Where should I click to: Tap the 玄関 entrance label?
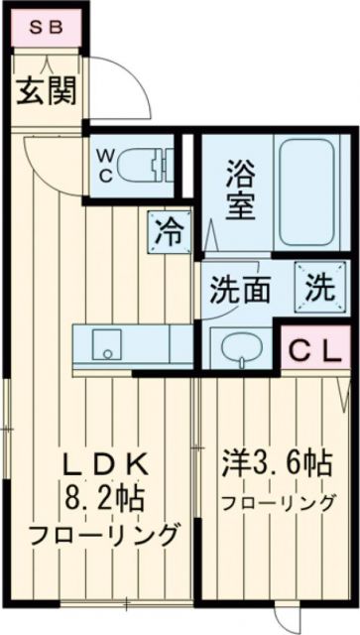pos(47,93)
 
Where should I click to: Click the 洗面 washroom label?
pos(240,290)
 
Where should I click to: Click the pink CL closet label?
pos(315,349)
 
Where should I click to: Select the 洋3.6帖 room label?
pos(276,463)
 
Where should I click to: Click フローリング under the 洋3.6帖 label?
pos(276,502)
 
